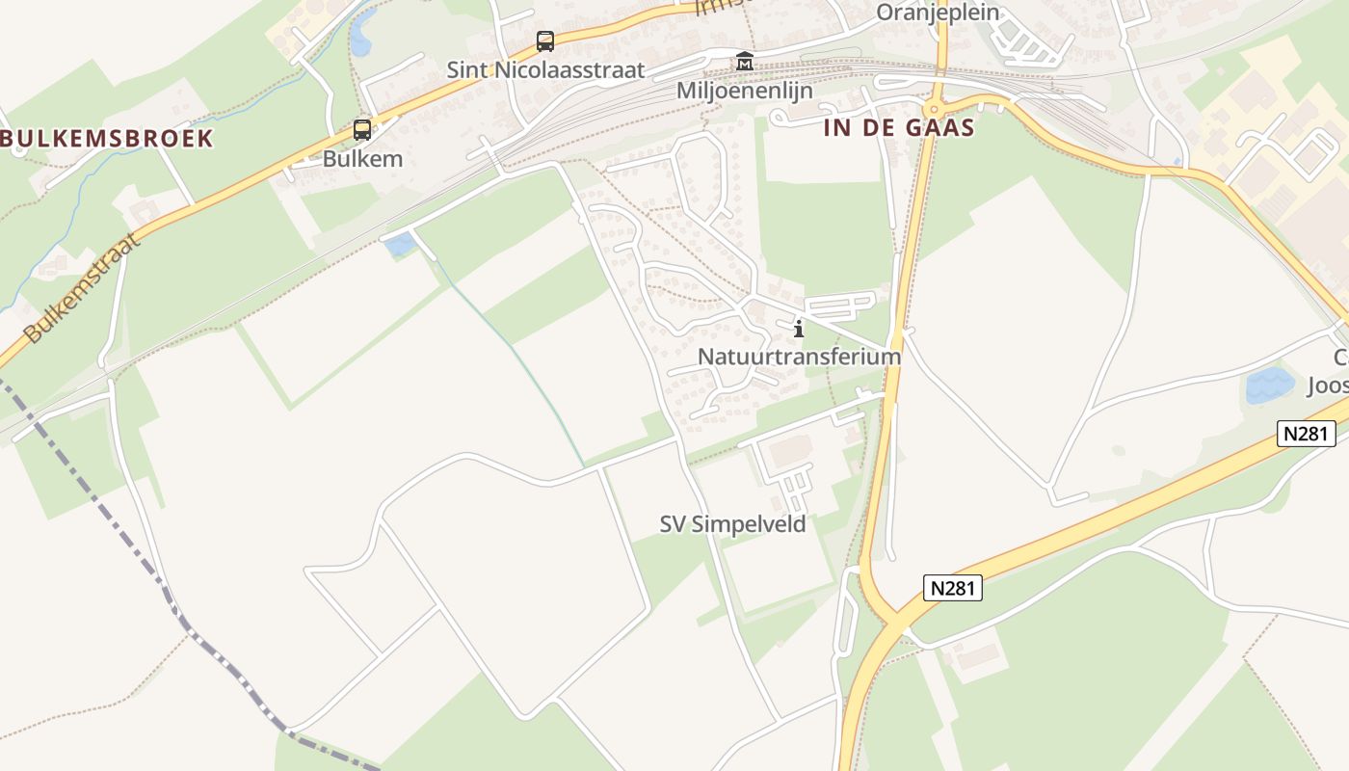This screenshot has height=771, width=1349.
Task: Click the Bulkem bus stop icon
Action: pos(362,130)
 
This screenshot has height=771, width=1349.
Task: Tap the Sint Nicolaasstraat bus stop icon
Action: pos(545,41)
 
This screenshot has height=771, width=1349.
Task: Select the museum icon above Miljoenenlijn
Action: pos(745,62)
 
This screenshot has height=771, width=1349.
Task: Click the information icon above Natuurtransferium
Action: pos(798,330)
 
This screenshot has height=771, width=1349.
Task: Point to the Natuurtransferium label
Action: pos(799,356)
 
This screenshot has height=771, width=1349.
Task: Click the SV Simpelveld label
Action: pos(732,524)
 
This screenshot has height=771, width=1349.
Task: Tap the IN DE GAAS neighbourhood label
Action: pos(898,128)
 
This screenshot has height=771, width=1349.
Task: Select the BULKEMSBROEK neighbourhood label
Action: pos(106,138)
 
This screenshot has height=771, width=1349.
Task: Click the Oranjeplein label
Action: pos(938,13)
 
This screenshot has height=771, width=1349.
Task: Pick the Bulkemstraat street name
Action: pos(83,288)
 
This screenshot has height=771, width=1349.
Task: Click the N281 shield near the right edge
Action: pos(1307,434)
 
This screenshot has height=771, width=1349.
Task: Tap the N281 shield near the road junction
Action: pos(953,588)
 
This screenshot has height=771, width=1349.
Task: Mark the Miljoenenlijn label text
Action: pos(745,91)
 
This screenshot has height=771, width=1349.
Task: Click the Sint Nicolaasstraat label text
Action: pos(545,70)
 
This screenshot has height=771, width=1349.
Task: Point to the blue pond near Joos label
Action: pos(1270,385)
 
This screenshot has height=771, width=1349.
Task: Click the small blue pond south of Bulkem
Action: pos(400,245)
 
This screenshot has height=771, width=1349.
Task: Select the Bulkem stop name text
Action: pos(362,159)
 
